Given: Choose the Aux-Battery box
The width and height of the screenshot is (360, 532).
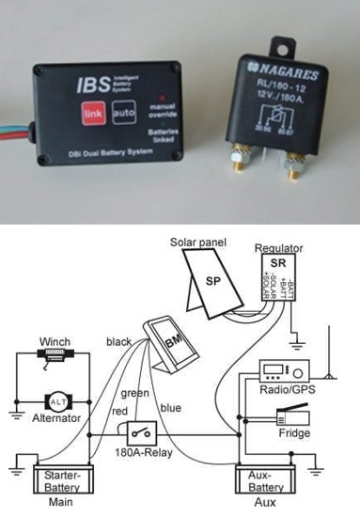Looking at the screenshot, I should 265,480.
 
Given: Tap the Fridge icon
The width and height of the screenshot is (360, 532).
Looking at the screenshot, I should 292,414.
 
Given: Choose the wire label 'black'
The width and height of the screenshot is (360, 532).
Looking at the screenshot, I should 119,342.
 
